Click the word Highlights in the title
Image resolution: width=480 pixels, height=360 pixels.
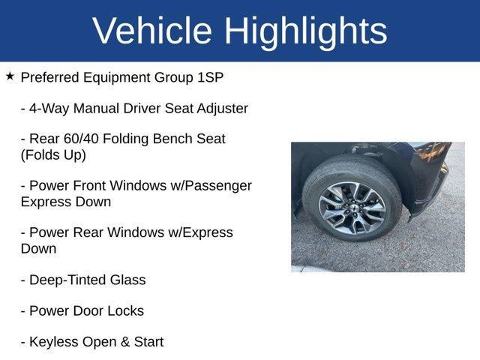(x=305, y=31)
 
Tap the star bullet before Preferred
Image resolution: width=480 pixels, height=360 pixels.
(x=10, y=76)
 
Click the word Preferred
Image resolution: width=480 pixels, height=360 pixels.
(x=52, y=77)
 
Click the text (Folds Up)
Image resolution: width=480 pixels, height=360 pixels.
(x=53, y=155)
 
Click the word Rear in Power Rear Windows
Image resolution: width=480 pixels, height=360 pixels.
(x=88, y=232)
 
